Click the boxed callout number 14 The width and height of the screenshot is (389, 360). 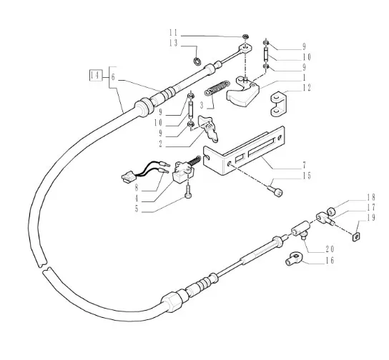(x=96, y=75)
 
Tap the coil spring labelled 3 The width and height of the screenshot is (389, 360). (x=217, y=88)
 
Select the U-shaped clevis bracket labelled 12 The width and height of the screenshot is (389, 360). (x=279, y=104)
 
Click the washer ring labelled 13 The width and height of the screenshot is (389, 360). (x=197, y=61)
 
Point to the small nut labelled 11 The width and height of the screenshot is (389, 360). (x=245, y=36)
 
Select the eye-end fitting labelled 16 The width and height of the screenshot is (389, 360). (x=294, y=259)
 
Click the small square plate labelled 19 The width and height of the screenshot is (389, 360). (x=356, y=237)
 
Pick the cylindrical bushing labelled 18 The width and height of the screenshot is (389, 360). (x=331, y=211)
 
